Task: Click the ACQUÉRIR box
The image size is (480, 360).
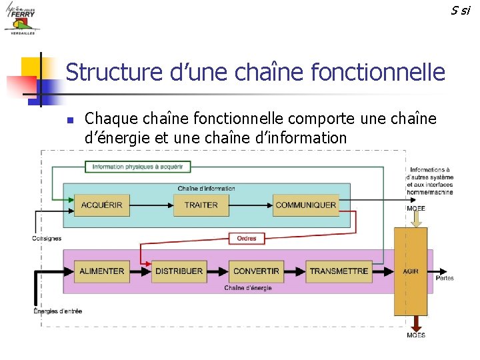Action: (102, 205)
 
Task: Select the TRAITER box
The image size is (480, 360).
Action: (201, 205)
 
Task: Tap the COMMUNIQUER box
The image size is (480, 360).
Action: (305, 205)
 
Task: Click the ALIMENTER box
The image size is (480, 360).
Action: (102, 271)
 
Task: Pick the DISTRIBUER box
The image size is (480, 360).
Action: (179, 271)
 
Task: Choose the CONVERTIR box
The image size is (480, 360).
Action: (256, 271)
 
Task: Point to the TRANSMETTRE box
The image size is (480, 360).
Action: (339, 271)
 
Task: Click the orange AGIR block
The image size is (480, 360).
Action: (411, 271)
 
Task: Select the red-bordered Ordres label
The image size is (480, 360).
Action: (247, 238)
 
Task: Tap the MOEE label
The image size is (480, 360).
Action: (416, 209)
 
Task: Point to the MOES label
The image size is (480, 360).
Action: (416, 335)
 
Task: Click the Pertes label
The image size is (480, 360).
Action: (445, 277)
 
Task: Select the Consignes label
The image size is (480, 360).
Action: (47, 238)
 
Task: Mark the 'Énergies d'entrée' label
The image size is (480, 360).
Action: (58, 311)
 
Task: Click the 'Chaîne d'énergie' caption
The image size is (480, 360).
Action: (248, 288)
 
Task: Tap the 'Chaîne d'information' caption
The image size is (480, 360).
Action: (207, 189)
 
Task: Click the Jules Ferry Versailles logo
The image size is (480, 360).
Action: (22, 18)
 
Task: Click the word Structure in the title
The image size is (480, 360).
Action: (114, 72)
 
